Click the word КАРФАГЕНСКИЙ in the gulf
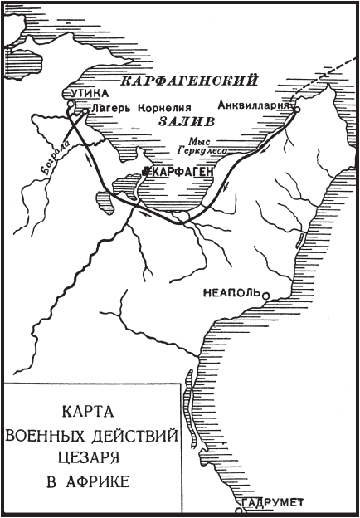coord(186,82)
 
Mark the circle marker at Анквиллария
coord(296,108)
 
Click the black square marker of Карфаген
coord(146,170)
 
